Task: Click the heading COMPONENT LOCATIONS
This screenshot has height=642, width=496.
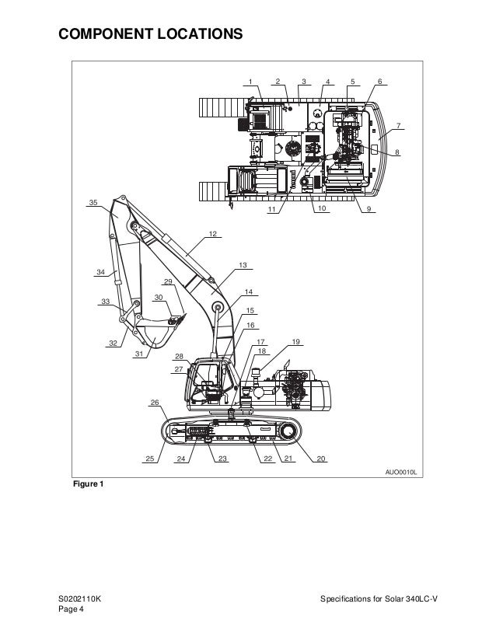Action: click(151, 33)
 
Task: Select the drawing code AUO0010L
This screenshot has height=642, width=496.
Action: click(401, 472)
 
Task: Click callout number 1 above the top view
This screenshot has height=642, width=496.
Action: click(250, 81)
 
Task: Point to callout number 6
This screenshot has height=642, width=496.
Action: click(379, 81)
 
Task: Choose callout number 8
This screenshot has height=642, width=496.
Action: click(397, 152)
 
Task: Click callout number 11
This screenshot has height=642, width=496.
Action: click(272, 210)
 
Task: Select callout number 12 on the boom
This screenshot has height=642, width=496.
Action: click(212, 233)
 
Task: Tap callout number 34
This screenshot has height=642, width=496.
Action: click(100, 272)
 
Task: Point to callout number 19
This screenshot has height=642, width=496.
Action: click(295, 342)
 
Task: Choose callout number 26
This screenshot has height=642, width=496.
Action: click(155, 403)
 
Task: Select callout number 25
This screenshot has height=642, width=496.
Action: click(149, 459)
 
